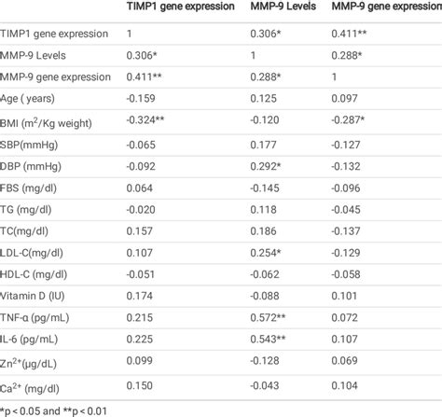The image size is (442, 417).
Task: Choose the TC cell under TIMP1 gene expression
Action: click(x=142, y=230)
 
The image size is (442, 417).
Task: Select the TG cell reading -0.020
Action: click(x=143, y=211)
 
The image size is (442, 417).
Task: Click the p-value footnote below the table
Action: click(x=56, y=408)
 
